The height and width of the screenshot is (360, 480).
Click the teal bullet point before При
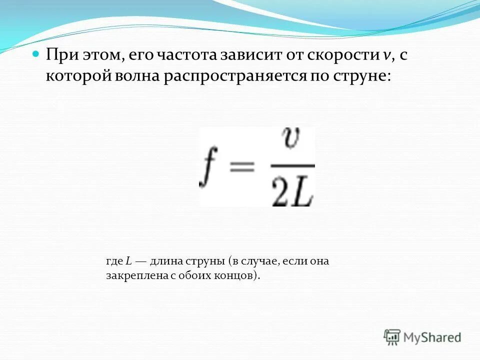point(35,54)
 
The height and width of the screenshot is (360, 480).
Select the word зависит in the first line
point(255,55)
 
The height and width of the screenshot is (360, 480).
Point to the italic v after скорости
point(387,55)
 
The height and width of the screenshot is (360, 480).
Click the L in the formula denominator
point(303,191)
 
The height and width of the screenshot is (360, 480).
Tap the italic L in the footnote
point(128,261)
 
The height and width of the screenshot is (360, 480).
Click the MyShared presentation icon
point(392,337)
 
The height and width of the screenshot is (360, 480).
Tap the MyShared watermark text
point(433,337)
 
